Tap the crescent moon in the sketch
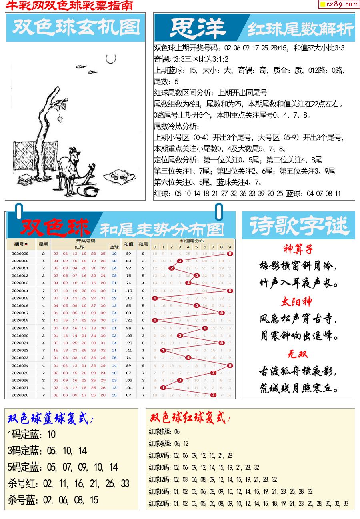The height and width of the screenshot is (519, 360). [x=111, y=59]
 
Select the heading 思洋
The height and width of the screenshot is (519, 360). [x=198, y=28]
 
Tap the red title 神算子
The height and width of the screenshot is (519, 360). [x=298, y=249]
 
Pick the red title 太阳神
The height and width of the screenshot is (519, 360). [x=298, y=301]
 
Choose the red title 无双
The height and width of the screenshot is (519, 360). [x=298, y=354]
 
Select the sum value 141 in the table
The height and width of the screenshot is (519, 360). [x=128, y=351]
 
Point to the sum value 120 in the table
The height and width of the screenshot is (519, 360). [x=128, y=321]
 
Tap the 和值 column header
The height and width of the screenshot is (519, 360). [x=128, y=244]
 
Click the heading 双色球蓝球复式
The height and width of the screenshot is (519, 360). [x=50, y=419]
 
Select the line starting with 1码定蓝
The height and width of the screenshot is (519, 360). [x=32, y=435]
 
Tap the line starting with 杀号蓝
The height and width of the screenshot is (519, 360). [x=53, y=500]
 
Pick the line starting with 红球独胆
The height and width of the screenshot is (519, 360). [x=164, y=432]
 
